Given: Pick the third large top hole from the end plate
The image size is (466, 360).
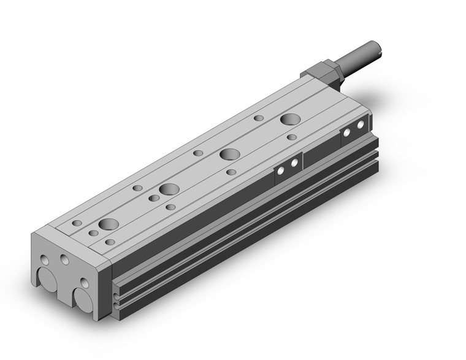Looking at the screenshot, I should pos(230,154).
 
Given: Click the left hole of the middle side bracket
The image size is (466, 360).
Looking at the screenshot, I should pos(281,172).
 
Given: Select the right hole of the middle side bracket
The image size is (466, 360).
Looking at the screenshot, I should pos(295,164).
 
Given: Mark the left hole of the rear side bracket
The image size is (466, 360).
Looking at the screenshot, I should pos(348,132).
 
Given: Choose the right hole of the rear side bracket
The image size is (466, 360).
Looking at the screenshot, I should pos(361,124).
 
